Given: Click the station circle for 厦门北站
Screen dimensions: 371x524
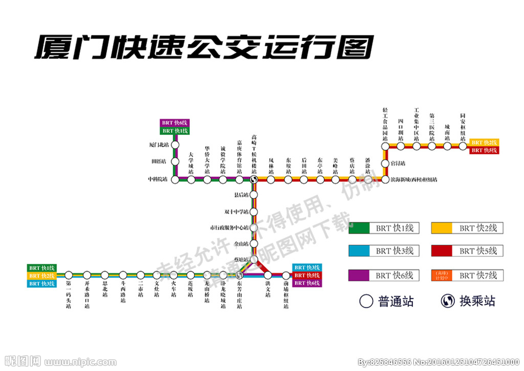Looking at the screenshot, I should pyautogui.click(x=175, y=145).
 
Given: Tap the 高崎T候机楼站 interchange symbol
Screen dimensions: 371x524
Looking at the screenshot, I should pyautogui.click(x=254, y=179).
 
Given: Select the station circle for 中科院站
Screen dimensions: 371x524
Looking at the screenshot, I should pyautogui.click(x=175, y=179).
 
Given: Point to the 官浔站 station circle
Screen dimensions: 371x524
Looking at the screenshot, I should pyautogui.click(x=385, y=163).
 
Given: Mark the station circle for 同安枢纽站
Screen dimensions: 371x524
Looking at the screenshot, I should pyautogui.click(x=463, y=146).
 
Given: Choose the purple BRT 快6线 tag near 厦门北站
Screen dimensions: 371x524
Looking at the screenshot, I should pyautogui.click(x=175, y=123).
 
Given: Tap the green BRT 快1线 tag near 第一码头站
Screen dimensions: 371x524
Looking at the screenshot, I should pyautogui.click(x=42, y=268).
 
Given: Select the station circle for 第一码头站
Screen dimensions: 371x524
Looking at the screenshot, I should pyautogui.click(x=69, y=275).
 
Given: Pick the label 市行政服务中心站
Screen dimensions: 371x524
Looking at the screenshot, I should pyautogui.click(x=229, y=228).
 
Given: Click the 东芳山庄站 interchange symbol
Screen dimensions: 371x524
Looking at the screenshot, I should pyautogui.click(x=239, y=275).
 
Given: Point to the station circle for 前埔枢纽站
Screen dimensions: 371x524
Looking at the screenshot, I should pyautogui.click(x=286, y=275).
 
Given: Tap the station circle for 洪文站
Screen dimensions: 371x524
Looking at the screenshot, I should pyautogui.click(x=267, y=275).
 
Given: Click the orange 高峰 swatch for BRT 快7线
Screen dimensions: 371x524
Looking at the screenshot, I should pyautogui.click(x=441, y=275).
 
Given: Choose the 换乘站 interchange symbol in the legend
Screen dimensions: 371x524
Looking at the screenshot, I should pyautogui.click(x=448, y=301).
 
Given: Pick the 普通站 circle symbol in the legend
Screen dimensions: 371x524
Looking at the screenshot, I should pyautogui.click(x=366, y=301).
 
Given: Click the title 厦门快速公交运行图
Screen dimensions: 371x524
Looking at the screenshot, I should pyautogui.click(x=205, y=48).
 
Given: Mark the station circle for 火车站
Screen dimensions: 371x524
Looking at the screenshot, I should pyautogui.click(x=174, y=275).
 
